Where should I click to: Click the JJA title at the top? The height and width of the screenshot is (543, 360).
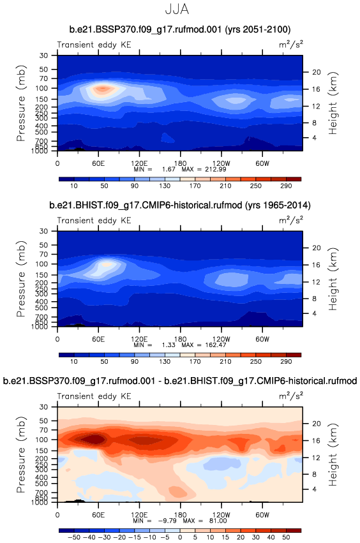tap(177, 9)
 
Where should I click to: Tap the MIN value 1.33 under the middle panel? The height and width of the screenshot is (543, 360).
tap(169, 345)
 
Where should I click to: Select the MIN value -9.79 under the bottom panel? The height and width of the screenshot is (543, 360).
tap(168, 521)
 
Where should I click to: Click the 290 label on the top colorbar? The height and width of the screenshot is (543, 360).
tap(286, 186)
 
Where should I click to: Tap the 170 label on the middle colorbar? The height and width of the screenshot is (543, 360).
tap(195, 362)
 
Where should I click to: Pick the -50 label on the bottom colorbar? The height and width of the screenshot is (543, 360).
tap(73, 537)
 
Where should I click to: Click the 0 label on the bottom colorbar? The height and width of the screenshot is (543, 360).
tap(180, 537)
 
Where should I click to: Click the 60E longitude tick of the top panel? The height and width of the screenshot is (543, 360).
tap(98, 163)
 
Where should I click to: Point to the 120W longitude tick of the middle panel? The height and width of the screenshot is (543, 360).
tap(221, 339)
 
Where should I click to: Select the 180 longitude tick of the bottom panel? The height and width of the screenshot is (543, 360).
tap(180, 514)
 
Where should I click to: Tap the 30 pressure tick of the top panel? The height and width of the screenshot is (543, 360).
tap(43, 56)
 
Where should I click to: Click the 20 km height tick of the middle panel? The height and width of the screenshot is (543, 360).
tap(317, 248)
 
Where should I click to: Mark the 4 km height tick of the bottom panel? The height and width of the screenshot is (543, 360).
tap(314, 489)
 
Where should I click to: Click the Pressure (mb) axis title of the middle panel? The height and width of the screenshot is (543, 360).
tap(21, 279)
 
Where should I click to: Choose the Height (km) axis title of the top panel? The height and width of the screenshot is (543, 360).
tap(333, 103)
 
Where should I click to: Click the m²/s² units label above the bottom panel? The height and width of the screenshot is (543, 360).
tap(291, 396)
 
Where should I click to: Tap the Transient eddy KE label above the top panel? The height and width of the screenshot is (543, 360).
tap(94, 45)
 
